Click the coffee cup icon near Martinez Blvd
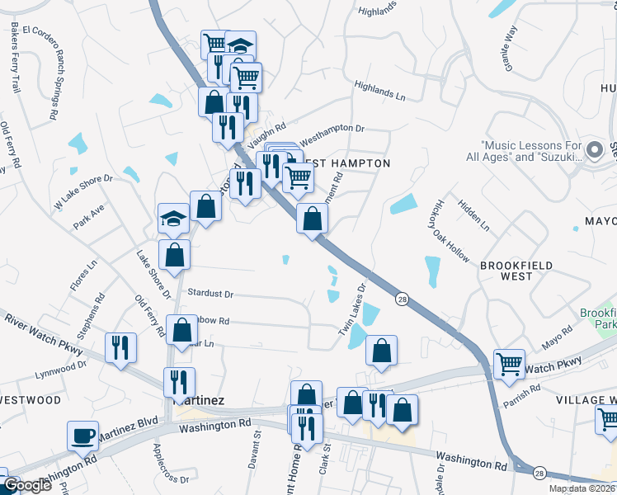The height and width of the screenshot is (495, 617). (x=82, y=436)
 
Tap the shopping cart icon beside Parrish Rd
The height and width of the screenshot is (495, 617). (x=509, y=363)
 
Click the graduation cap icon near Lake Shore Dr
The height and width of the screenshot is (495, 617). (x=174, y=219)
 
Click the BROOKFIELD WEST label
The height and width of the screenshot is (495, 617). (x=516, y=270)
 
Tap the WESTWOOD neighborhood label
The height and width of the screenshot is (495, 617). (x=31, y=399)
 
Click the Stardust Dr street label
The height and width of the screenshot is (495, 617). (x=210, y=293)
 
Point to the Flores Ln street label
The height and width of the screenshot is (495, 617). (x=83, y=280)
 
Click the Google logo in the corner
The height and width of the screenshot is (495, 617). (x=27, y=485)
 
